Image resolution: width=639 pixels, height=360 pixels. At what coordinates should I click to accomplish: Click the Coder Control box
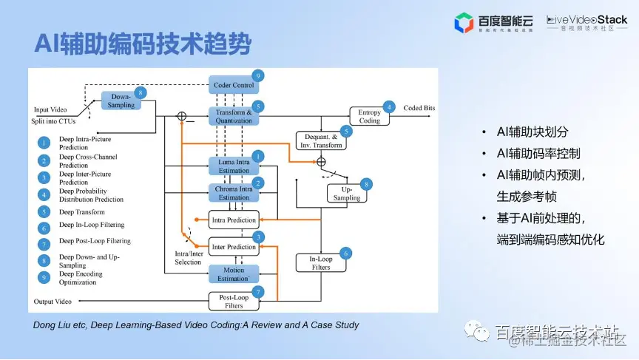pos(234,85)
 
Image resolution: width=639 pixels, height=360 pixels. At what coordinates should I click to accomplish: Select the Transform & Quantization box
pos(234,117)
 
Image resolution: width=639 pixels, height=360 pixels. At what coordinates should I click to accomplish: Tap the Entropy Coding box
pos(369,116)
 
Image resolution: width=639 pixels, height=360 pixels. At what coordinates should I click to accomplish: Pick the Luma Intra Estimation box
pos(234,166)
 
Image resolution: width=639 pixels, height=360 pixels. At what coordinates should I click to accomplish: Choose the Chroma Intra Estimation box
pos(234,193)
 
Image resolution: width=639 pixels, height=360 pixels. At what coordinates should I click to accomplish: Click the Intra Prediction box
pos(234,220)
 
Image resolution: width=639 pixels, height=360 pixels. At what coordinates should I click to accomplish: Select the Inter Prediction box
pos(234,247)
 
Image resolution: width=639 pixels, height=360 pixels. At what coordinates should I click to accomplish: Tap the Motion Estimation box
pos(234,274)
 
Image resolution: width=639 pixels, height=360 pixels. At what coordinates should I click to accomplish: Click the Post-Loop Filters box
pos(234,301)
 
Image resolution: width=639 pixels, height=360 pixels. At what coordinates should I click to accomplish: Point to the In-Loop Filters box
pos(321,262)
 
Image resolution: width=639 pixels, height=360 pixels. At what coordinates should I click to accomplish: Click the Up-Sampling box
pos(347,193)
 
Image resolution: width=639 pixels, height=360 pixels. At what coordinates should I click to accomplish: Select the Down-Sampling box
pos(121,101)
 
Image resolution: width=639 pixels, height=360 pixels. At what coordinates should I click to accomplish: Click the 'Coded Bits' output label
pos(419,108)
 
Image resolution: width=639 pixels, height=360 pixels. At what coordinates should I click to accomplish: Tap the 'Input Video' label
pos(51,109)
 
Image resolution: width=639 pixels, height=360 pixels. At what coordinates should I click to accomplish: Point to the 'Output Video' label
pos(53,302)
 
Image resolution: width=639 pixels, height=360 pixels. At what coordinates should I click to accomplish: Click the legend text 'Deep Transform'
pos(82,212)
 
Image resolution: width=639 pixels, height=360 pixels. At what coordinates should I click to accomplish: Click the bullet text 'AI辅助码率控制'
pos(538,154)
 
